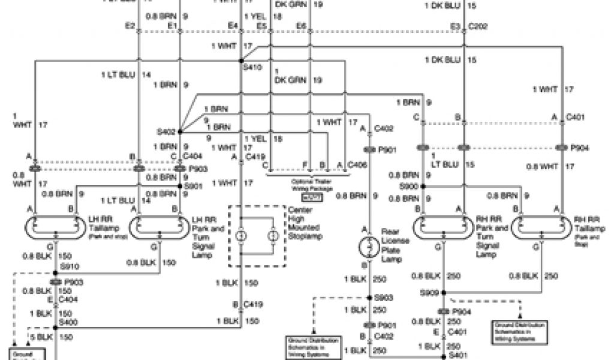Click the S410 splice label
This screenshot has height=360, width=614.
click(x=253, y=68)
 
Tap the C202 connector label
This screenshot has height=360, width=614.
click(x=477, y=26)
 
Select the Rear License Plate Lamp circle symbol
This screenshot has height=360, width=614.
click(x=365, y=246)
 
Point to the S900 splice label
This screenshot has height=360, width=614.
click(x=410, y=185)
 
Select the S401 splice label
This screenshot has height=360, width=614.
click(x=460, y=355)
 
